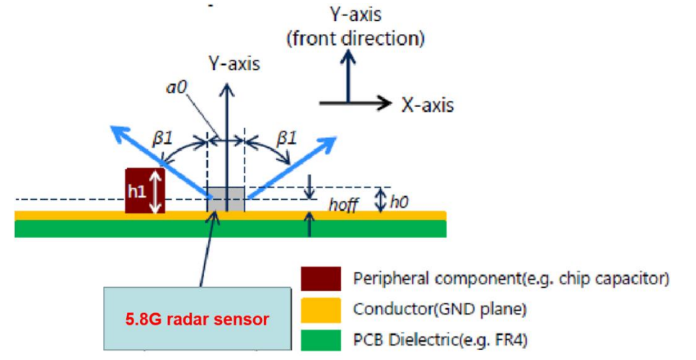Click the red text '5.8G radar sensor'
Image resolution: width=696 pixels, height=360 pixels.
click(197, 319)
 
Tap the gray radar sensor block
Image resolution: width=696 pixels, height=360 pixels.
click(226, 199)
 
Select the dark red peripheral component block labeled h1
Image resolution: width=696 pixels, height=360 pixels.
click(145, 191)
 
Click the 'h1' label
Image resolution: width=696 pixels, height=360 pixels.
click(137, 193)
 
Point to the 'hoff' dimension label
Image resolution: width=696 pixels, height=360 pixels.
click(343, 204)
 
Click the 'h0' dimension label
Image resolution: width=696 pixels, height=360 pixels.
click(399, 202)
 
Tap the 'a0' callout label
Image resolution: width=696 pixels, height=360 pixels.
click(177, 87)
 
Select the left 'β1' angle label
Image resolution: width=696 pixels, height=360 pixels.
click(162, 139)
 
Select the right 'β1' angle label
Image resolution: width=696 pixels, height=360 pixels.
click(286, 139)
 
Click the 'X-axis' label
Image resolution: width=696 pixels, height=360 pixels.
click(428, 105)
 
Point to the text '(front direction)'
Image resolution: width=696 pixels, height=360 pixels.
click(356, 39)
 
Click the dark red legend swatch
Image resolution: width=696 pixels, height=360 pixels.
click(321, 278)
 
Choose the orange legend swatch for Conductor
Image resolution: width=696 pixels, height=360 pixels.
click(321, 309)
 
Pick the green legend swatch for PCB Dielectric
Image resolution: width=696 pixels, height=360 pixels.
click(321, 340)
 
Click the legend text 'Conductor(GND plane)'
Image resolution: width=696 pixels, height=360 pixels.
click(439, 309)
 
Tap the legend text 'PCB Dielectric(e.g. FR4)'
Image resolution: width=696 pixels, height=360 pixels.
click(441, 341)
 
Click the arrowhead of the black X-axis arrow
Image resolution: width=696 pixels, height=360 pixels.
click(383, 103)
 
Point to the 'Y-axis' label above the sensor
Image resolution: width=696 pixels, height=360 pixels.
click(234, 64)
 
